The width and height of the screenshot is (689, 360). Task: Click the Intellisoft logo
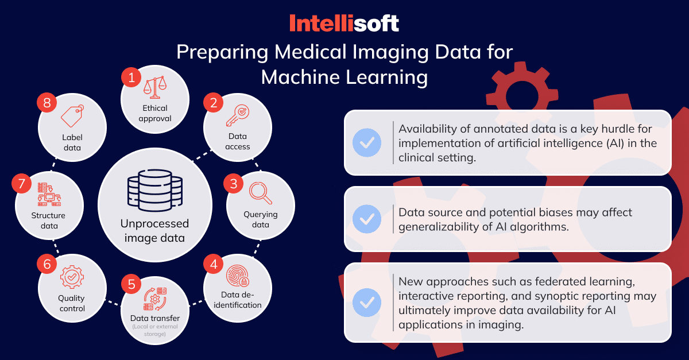(x=344, y=23)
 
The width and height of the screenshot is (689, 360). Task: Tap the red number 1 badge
(x=131, y=78)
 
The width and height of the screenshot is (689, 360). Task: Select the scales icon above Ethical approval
(x=155, y=87)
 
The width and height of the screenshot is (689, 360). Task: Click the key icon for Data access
(x=238, y=115)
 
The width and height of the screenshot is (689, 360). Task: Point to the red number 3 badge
(x=234, y=184)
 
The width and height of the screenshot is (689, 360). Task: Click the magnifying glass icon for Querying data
(x=261, y=193)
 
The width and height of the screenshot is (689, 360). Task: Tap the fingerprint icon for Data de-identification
(x=238, y=276)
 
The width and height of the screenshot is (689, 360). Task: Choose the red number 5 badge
(x=131, y=284)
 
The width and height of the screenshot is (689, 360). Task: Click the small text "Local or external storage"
(x=155, y=330)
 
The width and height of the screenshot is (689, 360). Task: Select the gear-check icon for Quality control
(x=72, y=277)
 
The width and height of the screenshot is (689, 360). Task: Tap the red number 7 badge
(x=22, y=184)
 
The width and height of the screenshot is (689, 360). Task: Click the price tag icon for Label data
(x=72, y=115)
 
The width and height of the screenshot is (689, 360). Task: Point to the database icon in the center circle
(x=155, y=190)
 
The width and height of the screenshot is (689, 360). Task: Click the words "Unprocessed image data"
(x=154, y=231)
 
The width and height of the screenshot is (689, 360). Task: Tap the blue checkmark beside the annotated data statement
(x=367, y=143)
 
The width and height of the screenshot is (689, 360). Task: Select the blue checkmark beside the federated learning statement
(x=367, y=303)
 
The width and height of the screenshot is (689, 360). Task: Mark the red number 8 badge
(x=47, y=103)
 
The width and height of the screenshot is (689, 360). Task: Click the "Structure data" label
(x=49, y=220)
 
